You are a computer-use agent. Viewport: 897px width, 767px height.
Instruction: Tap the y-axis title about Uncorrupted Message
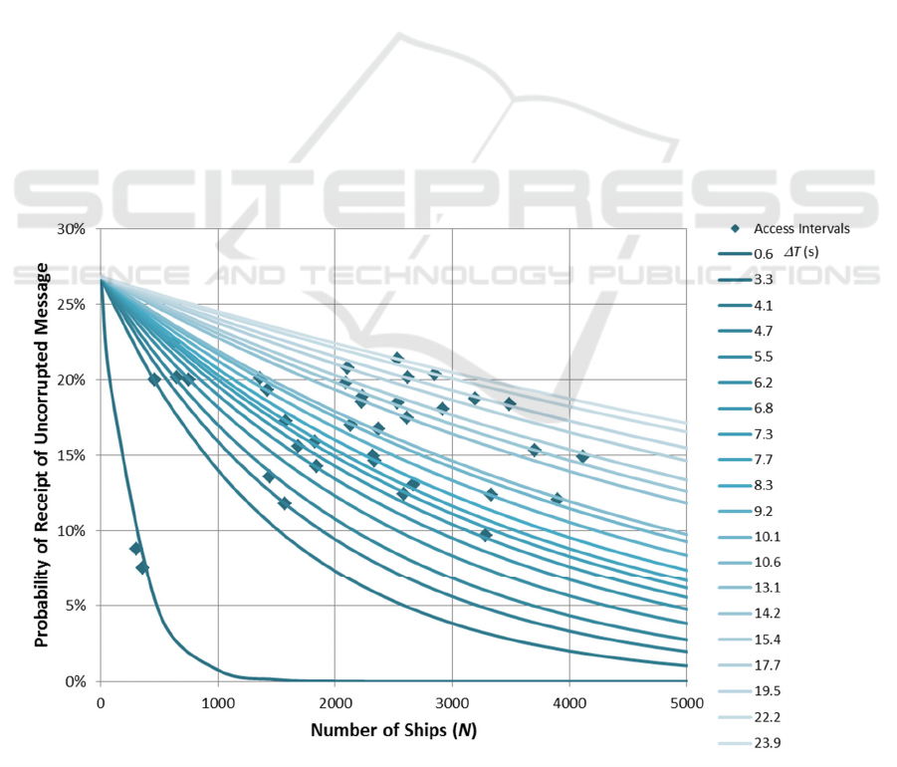coord(43,454)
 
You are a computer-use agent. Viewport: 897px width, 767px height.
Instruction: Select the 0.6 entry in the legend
coord(765,255)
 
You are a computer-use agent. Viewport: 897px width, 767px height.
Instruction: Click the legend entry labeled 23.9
coord(767,743)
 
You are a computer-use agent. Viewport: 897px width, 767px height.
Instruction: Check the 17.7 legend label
coord(767,665)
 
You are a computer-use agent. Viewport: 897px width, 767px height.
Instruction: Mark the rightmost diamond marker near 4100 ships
coord(582,457)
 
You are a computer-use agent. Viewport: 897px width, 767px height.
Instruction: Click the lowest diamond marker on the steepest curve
coord(142,568)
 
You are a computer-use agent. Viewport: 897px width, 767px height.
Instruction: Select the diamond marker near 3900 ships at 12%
coord(557,499)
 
